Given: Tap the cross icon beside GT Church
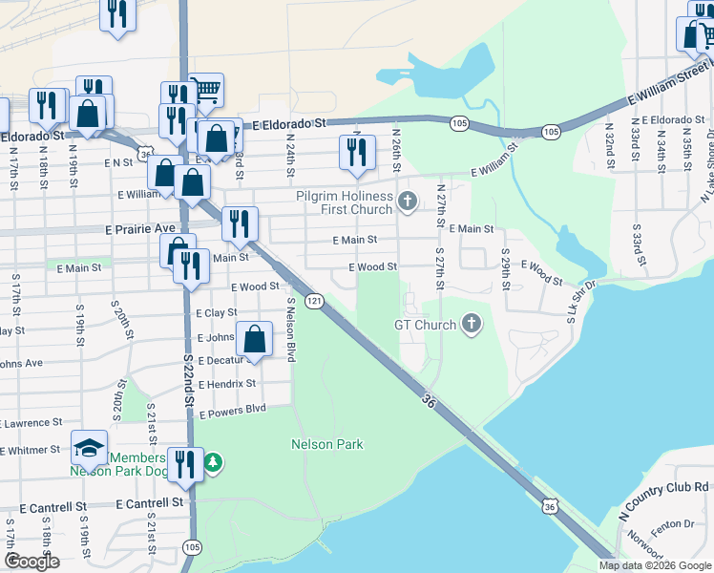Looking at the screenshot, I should pyautogui.click(x=470, y=325).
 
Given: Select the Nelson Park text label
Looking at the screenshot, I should pyautogui.click(x=327, y=444).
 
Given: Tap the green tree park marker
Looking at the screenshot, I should pyautogui.click(x=214, y=463).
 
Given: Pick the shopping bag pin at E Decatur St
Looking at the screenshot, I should pyautogui.click(x=255, y=338).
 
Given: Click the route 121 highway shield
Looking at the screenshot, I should pyautogui.click(x=313, y=301).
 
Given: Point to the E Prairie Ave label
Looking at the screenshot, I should pyautogui.click(x=139, y=229).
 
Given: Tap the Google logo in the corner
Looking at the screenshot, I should pyautogui.click(x=31, y=562).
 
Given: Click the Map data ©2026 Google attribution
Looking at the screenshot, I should pyautogui.click(x=655, y=565).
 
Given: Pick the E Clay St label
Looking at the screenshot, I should pyautogui.click(x=216, y=312).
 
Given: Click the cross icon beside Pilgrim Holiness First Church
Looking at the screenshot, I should pyautogui.click(x=408, y=201).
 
